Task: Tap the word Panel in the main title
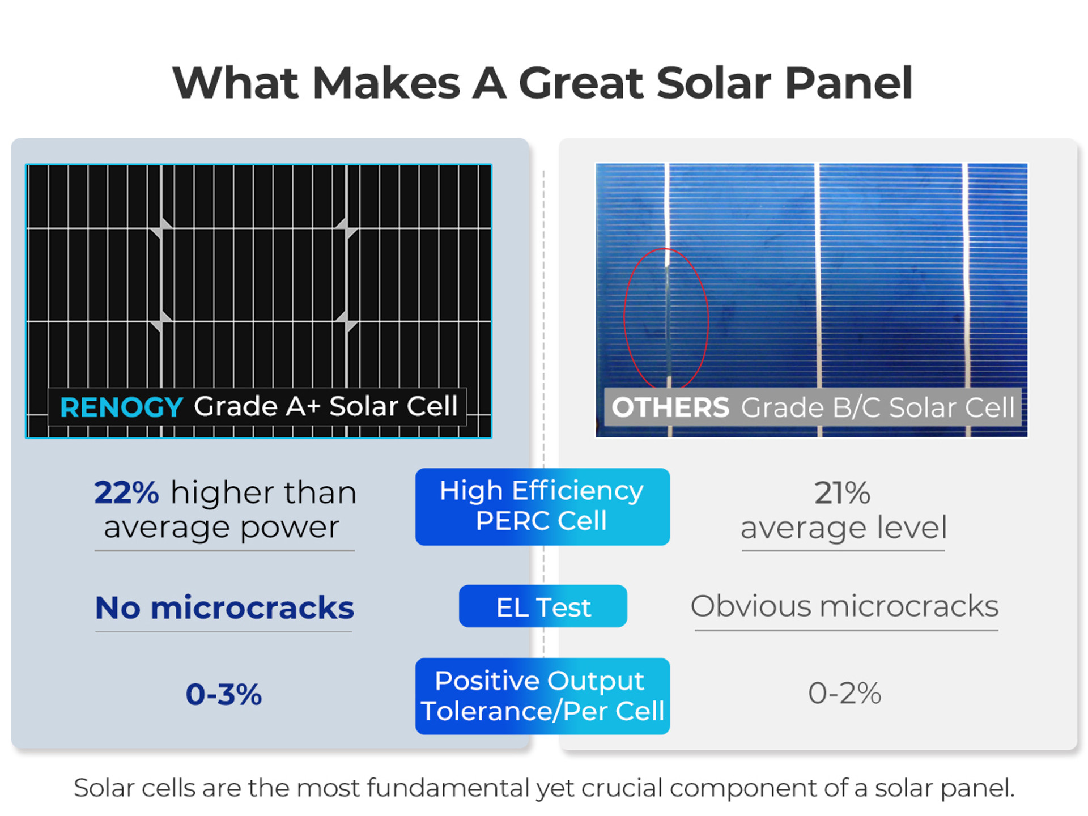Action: coord(848,83)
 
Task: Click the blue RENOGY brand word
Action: coord(121,407)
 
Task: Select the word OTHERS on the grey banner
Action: coord(670,407)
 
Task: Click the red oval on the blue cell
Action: coord(624,318)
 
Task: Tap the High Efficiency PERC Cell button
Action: coord(542,507)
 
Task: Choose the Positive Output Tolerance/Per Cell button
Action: coord(542,696)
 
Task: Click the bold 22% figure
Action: coord(126,492)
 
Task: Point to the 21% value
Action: coord(843,492)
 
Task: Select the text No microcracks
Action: coord(224,607)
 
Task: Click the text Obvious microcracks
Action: coord(844,606)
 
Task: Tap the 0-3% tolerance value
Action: coord(224,694)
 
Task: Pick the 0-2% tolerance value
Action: coord(844,693)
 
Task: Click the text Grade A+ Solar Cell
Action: coord(326,406)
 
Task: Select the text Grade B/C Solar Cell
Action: coord(878,407)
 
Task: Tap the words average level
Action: coord(844,528)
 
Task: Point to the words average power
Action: coord(222,528)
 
